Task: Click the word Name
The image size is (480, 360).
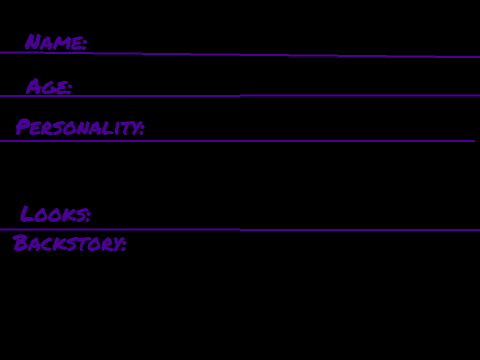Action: pos(53,42)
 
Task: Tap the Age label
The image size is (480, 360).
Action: pos(46,87)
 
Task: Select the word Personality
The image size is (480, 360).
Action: pos(77,127)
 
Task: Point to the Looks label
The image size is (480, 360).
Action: pos(52,214)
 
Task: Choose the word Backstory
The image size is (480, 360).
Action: pos(67,243)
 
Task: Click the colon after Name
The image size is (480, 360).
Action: pos(84,45)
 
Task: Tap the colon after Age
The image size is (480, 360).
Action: pos(69,88)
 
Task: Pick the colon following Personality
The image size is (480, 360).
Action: pos(142,129)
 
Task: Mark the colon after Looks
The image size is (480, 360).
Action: pos(88,215)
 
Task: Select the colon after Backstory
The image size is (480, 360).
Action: pos(124,244)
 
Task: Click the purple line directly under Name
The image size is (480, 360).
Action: pos(240,54)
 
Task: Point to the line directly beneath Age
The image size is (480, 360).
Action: pos(240,96)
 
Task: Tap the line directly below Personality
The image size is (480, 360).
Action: pos(237,141)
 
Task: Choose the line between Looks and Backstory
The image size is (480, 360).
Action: pos(240,230)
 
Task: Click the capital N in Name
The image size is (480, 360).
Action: pos(34,42)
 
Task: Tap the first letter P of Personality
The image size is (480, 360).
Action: pos(23,127)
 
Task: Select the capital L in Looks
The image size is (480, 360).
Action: pos(28,213)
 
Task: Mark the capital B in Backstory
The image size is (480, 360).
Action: pos(20,243)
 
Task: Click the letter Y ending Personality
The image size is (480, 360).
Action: pos(133,129)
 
